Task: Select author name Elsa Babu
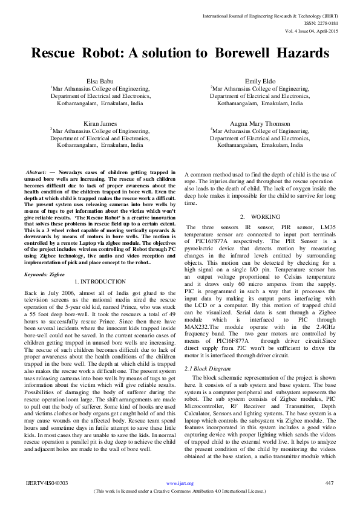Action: (x=100, y=80)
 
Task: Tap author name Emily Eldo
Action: (x=260, y=80)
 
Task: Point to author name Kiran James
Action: (x=100, y=123)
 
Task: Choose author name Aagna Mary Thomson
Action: (x=260, y=123)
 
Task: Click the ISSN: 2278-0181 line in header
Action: (x=323, y=22)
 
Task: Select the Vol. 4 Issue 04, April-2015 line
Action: (x=312, y=30)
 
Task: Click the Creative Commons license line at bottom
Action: (x=180, y=491)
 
